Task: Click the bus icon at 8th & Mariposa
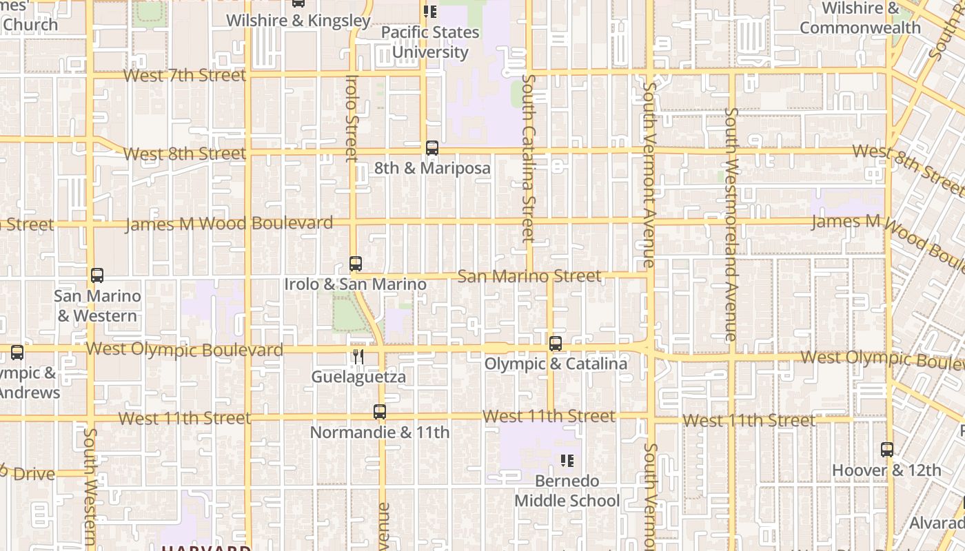tap(432, 148)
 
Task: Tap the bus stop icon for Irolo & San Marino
tap(356, 264)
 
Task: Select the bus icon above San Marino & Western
tap(97, 275)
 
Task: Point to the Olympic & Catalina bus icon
tap(556, 344)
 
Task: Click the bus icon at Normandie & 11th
tap(380, 412)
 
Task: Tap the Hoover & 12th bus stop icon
tap(887, 450)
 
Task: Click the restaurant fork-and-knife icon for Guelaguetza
tap(358, 356)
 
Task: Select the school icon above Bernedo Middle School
tap(567, 460)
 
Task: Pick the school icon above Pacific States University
tap(430, 12)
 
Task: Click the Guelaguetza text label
tap(358, 377)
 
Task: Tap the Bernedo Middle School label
tap(567, 490)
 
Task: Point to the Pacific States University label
tap(430, 42)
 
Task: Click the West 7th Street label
tap(184, 75)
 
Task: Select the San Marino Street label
tap(529, 276)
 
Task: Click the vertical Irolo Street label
tap(352, 118)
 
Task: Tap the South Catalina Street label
tap(529, 158)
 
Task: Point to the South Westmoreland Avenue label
tap(731, 224)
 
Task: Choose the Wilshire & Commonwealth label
tap(860, 18)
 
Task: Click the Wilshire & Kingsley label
tap(298, 21)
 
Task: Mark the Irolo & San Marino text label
tap(356, 284)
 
